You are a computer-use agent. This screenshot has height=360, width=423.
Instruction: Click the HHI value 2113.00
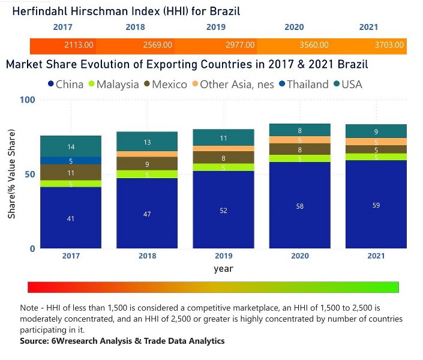coord(79,45)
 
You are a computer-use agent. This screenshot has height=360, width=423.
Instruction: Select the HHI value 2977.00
coord(240,45)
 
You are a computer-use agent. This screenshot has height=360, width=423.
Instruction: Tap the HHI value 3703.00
coord(392,45)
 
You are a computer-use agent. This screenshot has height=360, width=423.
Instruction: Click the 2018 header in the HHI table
coord(135,28)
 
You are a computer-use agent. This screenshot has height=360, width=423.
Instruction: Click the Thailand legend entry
coord(304,85)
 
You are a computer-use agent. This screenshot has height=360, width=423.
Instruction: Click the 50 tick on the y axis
coord(31,174)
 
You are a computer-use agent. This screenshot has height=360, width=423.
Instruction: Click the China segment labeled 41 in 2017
coord(71,218)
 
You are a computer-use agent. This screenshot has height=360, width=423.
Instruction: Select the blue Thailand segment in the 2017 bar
coord(71,160)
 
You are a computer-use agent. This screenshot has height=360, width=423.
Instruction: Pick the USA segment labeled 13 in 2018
coord(147,142)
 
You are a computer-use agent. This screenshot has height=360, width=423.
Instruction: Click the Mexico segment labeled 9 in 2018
coord(147,164)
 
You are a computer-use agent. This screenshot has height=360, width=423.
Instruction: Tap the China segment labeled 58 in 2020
coord(300,205)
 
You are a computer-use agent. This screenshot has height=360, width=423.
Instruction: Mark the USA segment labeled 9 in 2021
coord(376,132)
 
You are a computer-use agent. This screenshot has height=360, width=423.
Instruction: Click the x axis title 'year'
coord(223,269)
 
